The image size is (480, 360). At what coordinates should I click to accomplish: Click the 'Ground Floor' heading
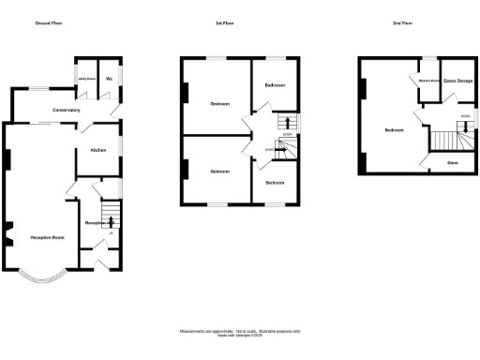click(49, 22)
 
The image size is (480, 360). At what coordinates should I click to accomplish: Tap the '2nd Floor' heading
click(401, 22)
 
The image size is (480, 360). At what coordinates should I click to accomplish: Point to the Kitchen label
click(97, 150)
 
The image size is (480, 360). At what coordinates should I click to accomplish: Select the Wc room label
click(110, 78)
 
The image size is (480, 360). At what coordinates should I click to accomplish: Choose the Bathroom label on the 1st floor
click(275, 84)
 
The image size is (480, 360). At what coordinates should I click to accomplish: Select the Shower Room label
click(426, 80)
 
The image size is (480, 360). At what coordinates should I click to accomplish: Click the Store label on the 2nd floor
click(452, 163)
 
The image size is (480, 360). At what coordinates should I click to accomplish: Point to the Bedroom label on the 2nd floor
click(394, 129)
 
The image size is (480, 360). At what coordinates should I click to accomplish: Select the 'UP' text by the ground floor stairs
click(112, 232)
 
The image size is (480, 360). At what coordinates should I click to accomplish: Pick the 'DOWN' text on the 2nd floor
click(464, 116)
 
